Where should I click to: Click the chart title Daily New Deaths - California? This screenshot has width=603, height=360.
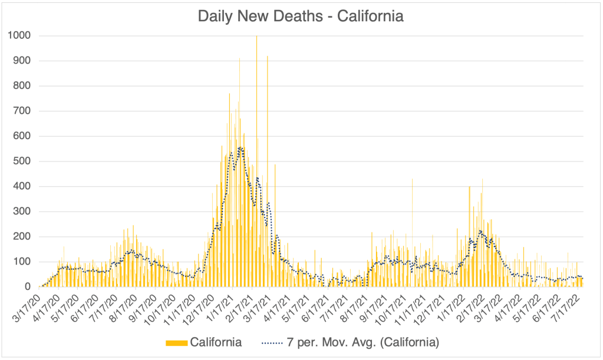coord(301,16)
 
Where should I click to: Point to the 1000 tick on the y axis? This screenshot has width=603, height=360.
coord(19,36)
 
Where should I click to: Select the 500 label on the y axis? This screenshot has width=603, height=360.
coord(22,161)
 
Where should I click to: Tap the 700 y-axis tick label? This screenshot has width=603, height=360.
coord(22,111)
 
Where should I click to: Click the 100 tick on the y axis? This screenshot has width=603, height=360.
coord(22,262)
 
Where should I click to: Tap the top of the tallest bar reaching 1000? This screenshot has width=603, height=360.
coord(256,37)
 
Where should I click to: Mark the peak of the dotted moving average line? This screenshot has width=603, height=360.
coord(240,147)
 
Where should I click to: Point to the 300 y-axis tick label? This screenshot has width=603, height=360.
coord(22,212)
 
